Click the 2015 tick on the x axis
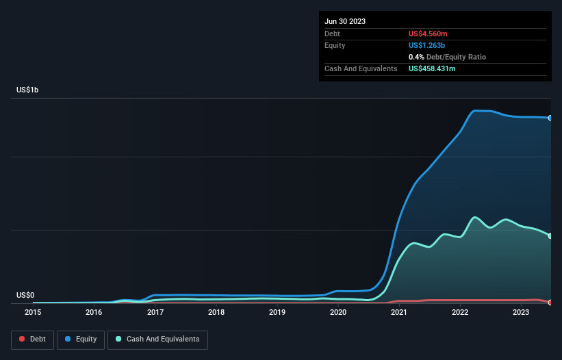point(33,312)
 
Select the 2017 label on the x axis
point(155,312)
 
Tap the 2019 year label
point(277,312)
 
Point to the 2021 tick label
point(399,312)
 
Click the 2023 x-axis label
point(521,312)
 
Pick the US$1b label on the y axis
point(27,90)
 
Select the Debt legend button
point(32,339)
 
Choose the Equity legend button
point(81,339)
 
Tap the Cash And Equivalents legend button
point(157,339)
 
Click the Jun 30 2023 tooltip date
point(345,21)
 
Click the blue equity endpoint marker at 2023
point(550,118)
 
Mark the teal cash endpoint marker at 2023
point(550,236)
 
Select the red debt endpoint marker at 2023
point(550,303)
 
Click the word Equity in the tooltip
point(335,45)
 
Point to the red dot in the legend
point(23,339)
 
